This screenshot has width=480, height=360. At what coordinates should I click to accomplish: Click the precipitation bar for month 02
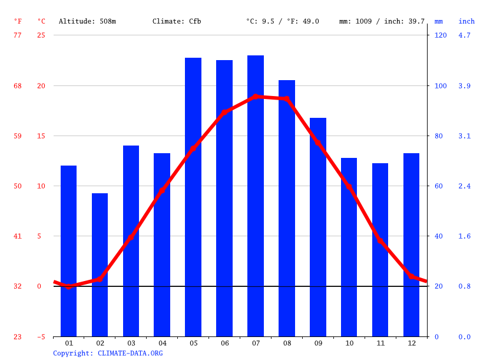[x=100, y=265]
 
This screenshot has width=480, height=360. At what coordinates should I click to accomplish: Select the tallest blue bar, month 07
[x=256, y=196]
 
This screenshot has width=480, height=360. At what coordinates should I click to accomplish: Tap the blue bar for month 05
[x=193, y=197]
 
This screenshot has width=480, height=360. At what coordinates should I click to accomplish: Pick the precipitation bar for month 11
[x=380, y=250]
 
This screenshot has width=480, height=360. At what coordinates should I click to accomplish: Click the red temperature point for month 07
[x=256, y=97]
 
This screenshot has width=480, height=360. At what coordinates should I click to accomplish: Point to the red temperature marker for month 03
[x=131, y=237]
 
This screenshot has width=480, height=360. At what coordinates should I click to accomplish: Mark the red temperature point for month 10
[x=349, y=186]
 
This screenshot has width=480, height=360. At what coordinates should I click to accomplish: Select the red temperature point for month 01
[x=68, y=286]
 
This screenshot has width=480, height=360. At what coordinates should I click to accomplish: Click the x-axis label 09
[x=318, y=344]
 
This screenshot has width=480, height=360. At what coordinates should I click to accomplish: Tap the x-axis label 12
[x=412, y=344]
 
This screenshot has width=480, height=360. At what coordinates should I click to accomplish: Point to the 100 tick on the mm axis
[x=441, y=85]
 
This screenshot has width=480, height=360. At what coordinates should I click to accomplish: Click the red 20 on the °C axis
[x=41, y=85]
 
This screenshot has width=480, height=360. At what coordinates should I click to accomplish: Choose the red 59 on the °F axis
[x=18, y=136]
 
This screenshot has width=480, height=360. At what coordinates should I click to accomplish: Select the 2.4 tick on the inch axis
[x=464, y=186]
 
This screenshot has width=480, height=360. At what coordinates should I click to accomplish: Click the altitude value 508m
[x=108, y=21]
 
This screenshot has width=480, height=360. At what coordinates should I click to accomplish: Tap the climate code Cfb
[x=195, y=21]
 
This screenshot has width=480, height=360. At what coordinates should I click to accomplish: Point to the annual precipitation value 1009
[x=363, y=21]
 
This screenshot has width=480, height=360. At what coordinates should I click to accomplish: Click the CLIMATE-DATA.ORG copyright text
[x=130, y=354]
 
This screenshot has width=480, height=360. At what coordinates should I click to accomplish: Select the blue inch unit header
[x=466, y=21]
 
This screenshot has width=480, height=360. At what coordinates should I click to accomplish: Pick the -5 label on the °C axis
[x=41, y=337]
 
